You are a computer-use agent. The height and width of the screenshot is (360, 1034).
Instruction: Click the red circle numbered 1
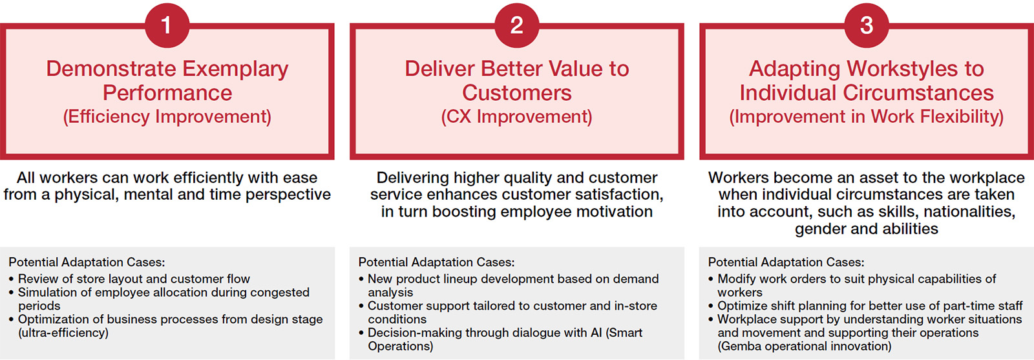[167, 25]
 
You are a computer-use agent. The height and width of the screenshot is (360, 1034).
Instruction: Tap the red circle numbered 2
[516, 25]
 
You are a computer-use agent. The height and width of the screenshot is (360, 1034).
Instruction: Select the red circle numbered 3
[867, 25]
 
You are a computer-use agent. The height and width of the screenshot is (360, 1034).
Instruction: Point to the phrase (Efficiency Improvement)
[167, 116]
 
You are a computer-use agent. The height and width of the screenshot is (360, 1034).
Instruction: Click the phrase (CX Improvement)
[516, 116]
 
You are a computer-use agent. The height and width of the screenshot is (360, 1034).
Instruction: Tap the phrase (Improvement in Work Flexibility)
[866, 116]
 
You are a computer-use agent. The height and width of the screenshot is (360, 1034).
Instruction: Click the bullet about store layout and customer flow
[134, 279]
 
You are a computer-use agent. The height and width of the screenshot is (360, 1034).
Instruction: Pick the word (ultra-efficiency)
[63, 333]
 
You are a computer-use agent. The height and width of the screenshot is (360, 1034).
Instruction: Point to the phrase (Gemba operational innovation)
[804, 346]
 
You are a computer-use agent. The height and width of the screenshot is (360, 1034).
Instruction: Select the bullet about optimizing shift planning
[870, 306]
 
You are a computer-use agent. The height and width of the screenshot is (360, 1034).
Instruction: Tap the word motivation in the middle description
[613, 211]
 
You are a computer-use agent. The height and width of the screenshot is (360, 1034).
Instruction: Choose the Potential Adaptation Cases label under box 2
[436, 262]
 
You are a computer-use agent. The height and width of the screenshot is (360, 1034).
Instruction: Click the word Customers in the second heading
[516, 93]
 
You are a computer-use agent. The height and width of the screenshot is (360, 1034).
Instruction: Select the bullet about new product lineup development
[513, 285]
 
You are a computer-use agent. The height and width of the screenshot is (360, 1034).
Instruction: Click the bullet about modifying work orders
[856, 285]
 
